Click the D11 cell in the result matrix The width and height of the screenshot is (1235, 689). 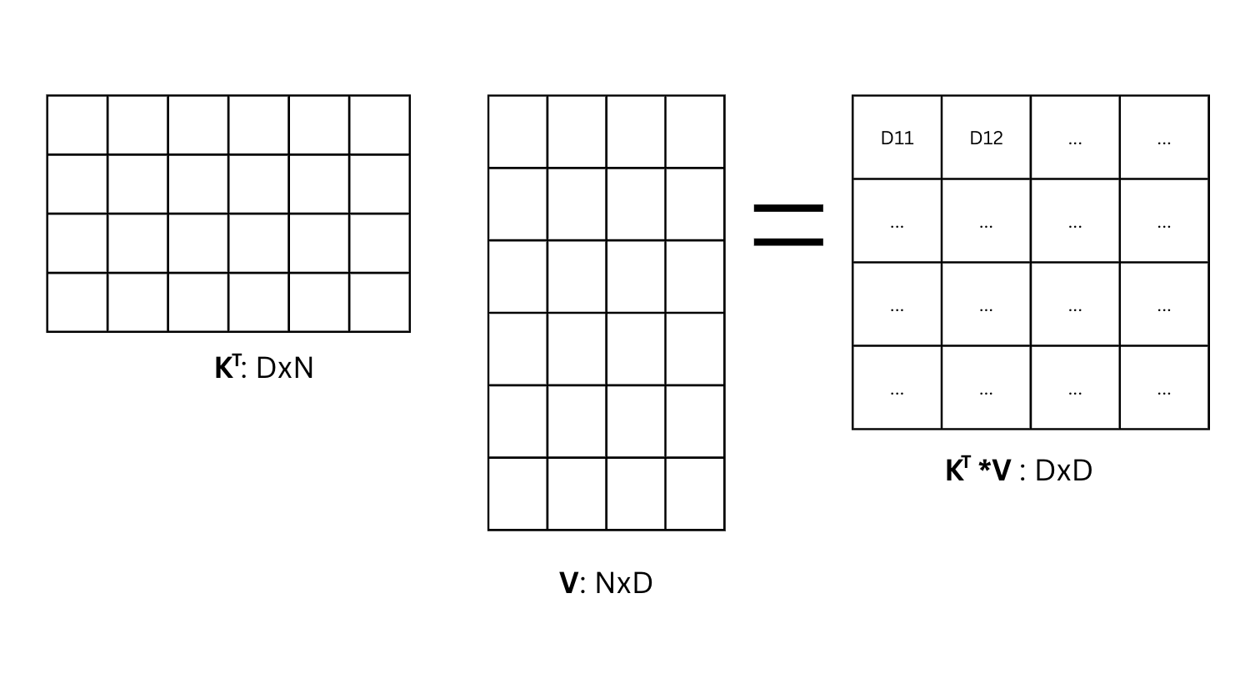pyautogui.click(x=897, y=138)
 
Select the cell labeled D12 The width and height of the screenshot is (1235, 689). pyautogui.click(x=986, y=138)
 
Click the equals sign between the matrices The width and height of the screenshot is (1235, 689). pyautogui.click(x=787, y=224)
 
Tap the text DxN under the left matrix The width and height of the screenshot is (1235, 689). pyautogui.click(x=284, y=368)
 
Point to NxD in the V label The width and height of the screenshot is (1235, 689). pyautogui.click(x=623, y=583)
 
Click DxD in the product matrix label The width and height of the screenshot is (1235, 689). pyautogui.click(x=1062, y=470)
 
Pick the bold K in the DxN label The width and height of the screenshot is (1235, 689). pyautogui.click(x=223, y=368)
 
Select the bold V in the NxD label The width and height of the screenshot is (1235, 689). pyautogui.click(x=568, y=583)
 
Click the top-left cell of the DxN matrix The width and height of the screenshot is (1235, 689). pyautogui.click(x=77, y=125)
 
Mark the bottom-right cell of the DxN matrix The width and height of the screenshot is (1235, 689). pyautogui.click(x=379, y=302)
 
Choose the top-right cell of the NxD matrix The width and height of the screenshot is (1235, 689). pyautogui.click(x=695, y=132)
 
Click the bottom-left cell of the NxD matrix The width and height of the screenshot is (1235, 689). pyautogui.click(x=517, y=494)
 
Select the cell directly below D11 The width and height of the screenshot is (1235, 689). pyautogui.click(x=897, y=221)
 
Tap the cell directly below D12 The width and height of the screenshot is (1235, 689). pyautogui.click(x=986, y=221)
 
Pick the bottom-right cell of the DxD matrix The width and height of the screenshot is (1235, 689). pyautogui.click(x=1164, y=388)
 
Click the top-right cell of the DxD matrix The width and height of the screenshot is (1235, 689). pyautogui.click(x=1164, y=138)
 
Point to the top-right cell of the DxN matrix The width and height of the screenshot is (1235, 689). pyautogui.click(x=379, y=125)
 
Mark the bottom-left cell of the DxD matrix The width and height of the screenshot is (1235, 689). pyautogui.click(x=897, y=388)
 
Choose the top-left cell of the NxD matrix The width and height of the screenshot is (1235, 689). pyautogui.click(x=517, y=132)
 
